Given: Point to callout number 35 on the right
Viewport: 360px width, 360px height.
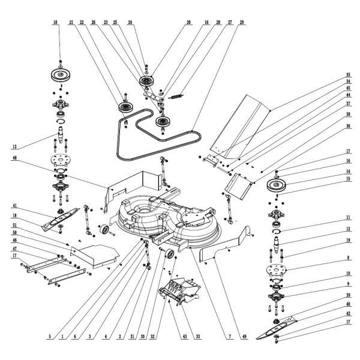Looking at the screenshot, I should pyautogui.click(x=347, y=74).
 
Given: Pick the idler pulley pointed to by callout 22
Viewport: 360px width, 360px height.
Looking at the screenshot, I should pyautogui.click(x=127, y=109).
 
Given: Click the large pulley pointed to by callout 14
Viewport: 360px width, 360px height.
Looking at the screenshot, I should pyautogui.click(x=275, y=185).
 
